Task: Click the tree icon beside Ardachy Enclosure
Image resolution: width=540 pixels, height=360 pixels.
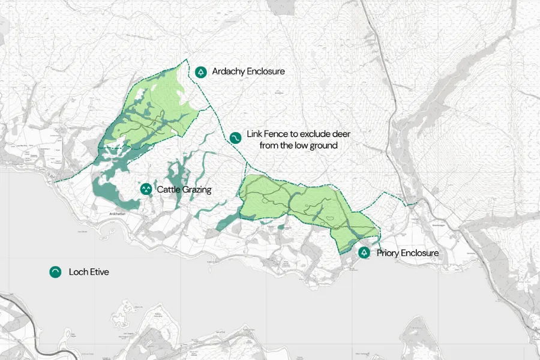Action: point(200,71)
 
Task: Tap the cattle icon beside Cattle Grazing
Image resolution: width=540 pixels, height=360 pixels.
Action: point(145,190)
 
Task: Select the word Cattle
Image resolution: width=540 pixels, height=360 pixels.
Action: point(169,190)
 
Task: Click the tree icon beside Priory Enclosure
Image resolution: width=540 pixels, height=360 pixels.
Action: point(364,253)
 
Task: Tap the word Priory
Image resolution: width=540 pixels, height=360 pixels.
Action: point(389,253)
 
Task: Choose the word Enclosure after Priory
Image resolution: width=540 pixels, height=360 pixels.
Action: point(421,253)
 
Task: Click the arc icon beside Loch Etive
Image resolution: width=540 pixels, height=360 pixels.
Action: point(55,272)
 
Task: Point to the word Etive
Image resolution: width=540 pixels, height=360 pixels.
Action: point(99,272)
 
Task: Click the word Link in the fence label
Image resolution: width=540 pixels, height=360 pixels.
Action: point(254,134)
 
